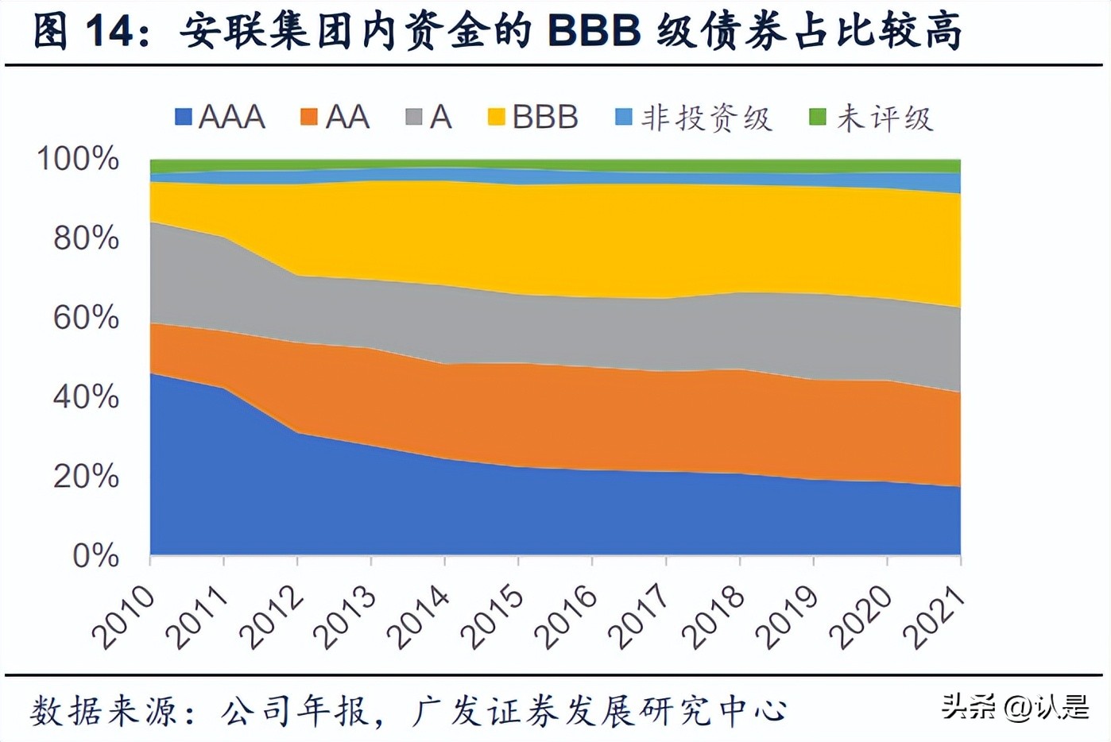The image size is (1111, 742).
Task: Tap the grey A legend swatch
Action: (414, 118)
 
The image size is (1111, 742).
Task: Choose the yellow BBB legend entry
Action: (533, 118)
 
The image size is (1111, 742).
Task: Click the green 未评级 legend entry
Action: (871, 118)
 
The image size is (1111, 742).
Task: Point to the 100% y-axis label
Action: (78, 159)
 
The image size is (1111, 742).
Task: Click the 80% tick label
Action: (86, 238)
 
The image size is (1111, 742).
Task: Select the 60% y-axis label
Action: (86, 318)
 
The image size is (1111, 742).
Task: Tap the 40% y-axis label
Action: (86, 396)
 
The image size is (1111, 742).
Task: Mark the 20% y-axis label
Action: (86, 476)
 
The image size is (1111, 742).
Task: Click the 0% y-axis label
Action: (95, 555)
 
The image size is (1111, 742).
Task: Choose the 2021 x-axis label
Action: (935, 616)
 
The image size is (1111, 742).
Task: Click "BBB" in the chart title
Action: (594, 32)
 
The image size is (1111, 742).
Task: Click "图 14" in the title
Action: (83, 32)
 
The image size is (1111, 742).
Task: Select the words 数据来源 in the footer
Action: (104, 710)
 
